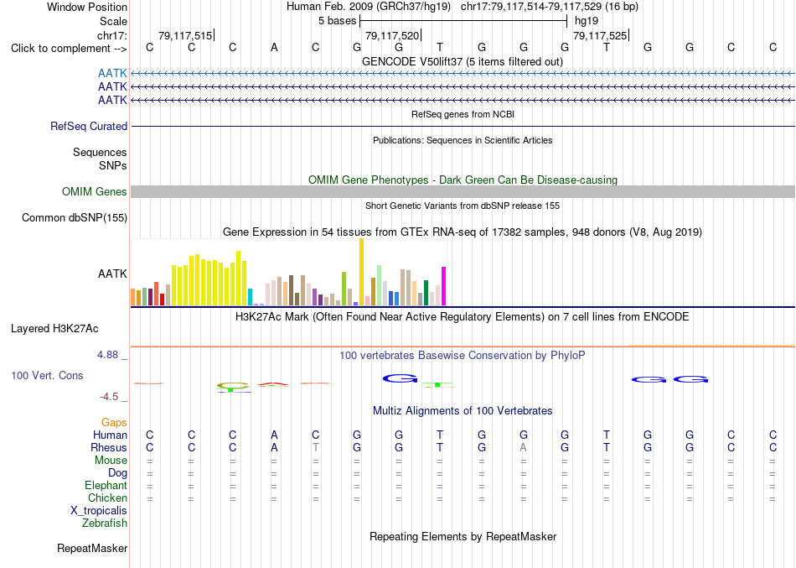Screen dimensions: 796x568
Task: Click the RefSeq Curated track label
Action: tap(89, 126)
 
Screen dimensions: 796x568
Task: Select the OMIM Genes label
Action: tap(95, 191)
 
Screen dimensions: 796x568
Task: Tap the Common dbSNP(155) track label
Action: tap(75, 217)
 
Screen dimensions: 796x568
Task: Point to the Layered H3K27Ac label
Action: tap(54, 329)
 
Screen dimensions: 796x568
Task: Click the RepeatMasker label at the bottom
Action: tap(92, 548)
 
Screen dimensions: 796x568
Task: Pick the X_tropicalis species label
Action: tap(99, 511)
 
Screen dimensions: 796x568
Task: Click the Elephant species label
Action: tap(106, 485)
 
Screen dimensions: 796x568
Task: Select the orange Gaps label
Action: tap(114, 423)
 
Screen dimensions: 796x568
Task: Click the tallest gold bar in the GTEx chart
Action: tap(361, 272)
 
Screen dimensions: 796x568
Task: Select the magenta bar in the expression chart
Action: tap(444, 286)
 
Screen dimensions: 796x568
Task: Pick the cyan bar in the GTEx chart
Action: tap(250, 297)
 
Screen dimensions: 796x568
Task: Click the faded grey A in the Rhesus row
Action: tap(523, 447)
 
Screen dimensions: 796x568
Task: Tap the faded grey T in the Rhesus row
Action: tap(316, 447)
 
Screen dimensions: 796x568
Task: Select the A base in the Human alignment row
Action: tap(274, 435)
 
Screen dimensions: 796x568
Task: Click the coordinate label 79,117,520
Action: tap(392, 35)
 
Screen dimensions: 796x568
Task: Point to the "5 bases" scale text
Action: tap(338, 21)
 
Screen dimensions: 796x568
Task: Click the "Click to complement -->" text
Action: tap(69, 49)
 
